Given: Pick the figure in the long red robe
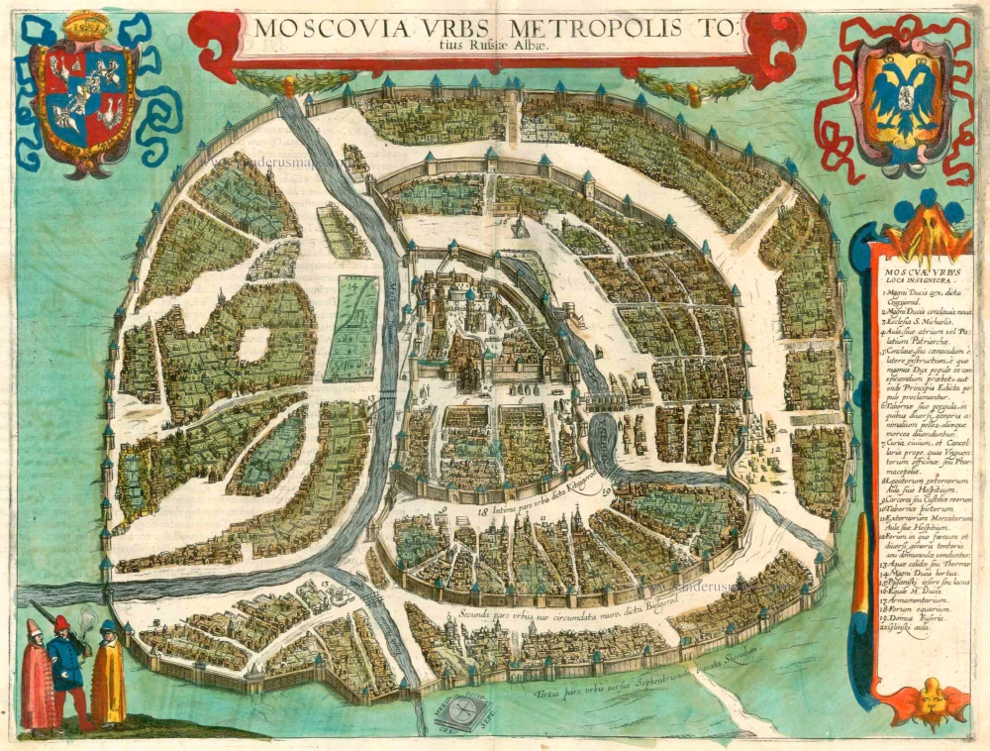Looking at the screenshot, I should (x=38, y=679).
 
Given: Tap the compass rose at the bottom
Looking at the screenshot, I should (x=458, y=710).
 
